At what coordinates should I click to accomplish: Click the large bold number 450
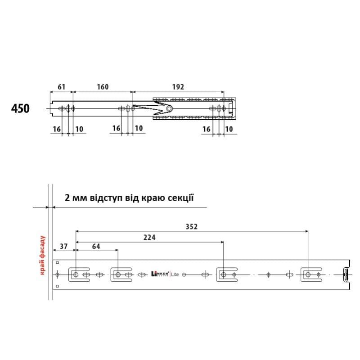pyautogui.click(x=20, y=108)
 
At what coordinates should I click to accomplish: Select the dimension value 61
pyautogui.click(x=61, y=87)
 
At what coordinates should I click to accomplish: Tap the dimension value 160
pyautogui.click(x=103, y=87)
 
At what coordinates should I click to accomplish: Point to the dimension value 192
pyautogui.click(x=178, y=87)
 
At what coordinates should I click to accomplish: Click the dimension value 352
pyautogui.click(x=192, y=227)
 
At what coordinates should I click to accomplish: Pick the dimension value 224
pyautogui.click(x=149, y=237)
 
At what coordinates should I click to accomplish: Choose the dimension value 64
pyautogui.click(x=96, y=246)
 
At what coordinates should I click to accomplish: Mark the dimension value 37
pyautogui.click(x=63, y=246)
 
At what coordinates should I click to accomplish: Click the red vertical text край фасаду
pyautogui.click(x=42, y=255)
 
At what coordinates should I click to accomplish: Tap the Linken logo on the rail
pyautogui.click(x=160, y=274)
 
